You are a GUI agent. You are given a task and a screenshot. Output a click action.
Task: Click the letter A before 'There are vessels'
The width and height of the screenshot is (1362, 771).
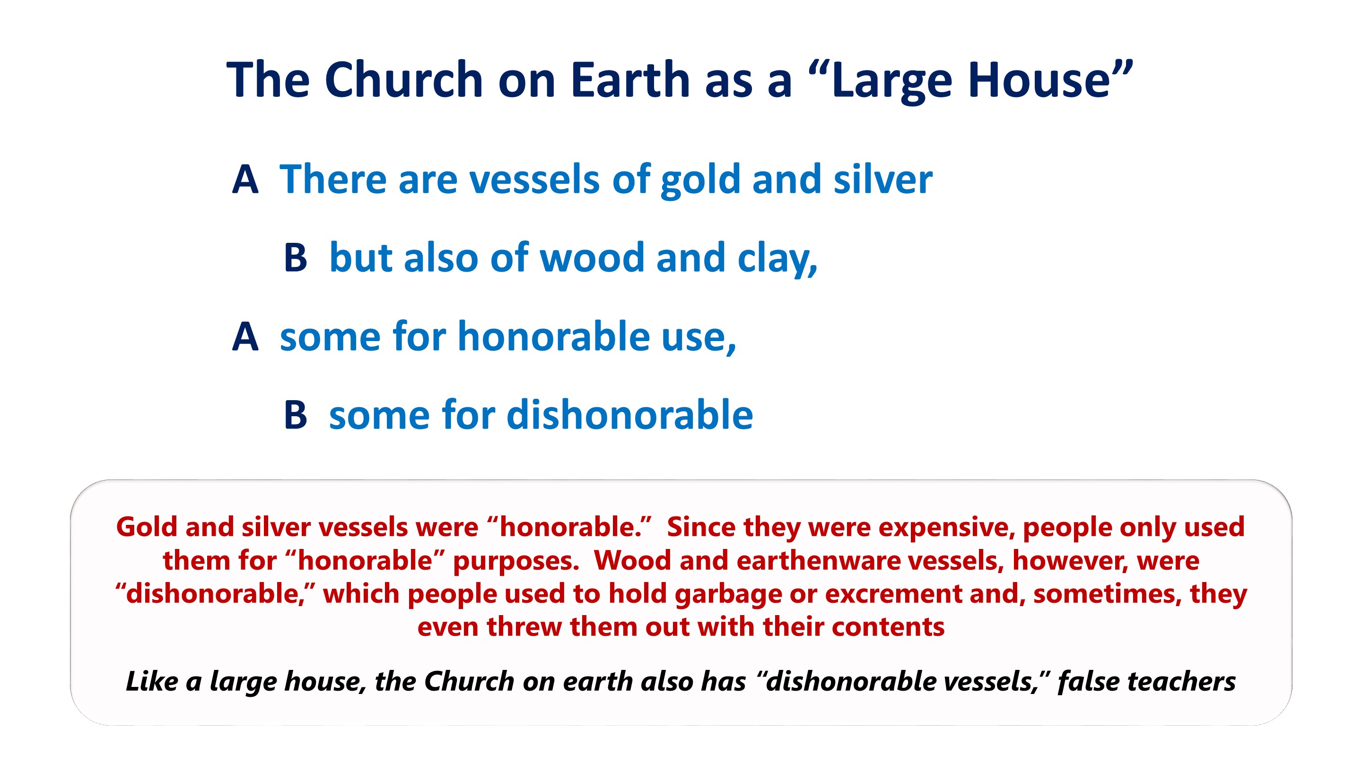(245, 179)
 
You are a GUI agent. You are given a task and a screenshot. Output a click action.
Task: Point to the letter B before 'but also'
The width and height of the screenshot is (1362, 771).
(296, 257)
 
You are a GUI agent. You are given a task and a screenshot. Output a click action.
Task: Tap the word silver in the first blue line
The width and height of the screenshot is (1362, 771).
(883, 179)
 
